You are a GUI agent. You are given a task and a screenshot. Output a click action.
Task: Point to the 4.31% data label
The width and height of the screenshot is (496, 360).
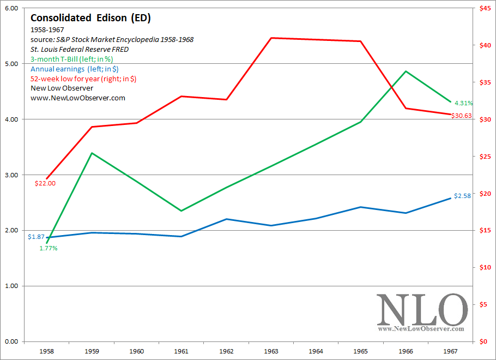click(463, 103)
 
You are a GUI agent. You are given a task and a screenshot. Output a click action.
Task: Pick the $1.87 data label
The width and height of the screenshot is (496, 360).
click(37, 237)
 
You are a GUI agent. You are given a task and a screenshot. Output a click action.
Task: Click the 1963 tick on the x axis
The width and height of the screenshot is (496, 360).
click(271, 352)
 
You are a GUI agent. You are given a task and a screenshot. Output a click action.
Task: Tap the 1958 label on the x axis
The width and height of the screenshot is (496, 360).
click(47, 352)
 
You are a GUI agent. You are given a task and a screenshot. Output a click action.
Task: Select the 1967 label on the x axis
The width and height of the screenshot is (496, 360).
click(451, 352)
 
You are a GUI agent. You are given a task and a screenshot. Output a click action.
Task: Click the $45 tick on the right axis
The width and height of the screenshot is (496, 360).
click(483, 8)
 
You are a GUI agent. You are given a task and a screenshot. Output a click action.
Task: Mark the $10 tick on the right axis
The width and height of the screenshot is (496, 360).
click(483, 267)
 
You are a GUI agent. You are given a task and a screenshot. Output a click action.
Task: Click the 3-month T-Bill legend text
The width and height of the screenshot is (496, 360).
click(71, 59)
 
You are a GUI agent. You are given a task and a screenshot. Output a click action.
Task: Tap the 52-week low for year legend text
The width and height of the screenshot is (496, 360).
click(83, 79)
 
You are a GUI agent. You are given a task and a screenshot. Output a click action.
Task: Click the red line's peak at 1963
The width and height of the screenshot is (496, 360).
click(271, 38)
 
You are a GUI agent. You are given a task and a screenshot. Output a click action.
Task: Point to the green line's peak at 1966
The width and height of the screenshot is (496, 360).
click(406, 71)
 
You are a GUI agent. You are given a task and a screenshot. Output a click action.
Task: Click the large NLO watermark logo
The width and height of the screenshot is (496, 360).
click(422, 310)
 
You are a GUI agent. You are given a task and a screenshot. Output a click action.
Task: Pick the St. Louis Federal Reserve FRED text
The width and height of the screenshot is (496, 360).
click(80, 49)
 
